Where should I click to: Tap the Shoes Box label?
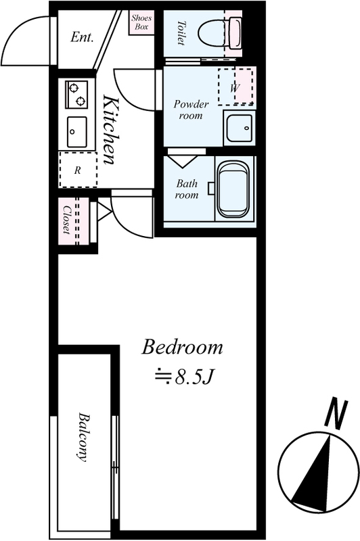[141, 22]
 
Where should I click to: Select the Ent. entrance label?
[82, 37]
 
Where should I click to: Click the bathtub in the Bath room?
[234, 189]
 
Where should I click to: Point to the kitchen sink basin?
[76, 132]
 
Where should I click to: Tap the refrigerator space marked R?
[78, 170]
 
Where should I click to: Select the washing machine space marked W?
[235, 87]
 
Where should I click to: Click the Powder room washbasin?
[239, 127]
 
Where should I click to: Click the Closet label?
[66, 220]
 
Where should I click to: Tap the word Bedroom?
[182, 347]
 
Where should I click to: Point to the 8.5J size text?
[185, 377]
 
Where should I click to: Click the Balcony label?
[83, 437]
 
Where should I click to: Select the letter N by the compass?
[336, 414]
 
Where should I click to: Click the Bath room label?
[187, 189]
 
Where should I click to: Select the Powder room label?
[191, 110]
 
